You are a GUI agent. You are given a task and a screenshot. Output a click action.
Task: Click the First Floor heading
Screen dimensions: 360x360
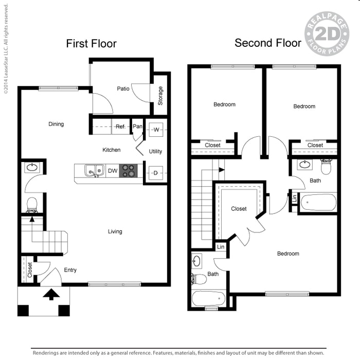click(91, 44)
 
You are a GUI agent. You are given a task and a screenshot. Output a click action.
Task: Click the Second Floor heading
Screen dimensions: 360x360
click(268, 43)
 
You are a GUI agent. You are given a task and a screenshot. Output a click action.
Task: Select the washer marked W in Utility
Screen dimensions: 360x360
click(156, 130)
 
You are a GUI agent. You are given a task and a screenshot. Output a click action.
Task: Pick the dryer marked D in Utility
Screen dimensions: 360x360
click(156, 173)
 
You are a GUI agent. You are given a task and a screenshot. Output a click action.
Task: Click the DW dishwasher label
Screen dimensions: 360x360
click(112, 171)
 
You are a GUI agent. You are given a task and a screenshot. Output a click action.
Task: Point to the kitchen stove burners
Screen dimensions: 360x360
click(129, 171)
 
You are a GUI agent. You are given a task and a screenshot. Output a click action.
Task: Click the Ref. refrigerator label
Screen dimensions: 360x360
click(120, 127)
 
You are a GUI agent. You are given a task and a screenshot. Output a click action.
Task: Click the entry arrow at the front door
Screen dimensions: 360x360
click(51, 295)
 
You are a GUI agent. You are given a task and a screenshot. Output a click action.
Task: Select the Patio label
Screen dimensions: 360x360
click(123, 88)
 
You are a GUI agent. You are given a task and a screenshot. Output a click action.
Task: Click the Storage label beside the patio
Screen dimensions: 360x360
click(160, 96)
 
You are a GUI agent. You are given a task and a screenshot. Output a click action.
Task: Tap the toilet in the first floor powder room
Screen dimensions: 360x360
click(32, 204)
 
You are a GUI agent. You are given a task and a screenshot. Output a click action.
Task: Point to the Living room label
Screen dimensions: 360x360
click(115, 231)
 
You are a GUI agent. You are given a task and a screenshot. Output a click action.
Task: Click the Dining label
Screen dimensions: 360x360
click(56, 124)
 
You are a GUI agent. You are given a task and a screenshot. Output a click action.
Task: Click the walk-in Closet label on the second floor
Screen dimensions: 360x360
click(239, 209)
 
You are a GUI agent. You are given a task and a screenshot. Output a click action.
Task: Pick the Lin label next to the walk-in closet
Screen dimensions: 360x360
click(221, 247)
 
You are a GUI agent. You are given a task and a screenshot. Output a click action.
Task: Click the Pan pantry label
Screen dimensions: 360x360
click(137, 126)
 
